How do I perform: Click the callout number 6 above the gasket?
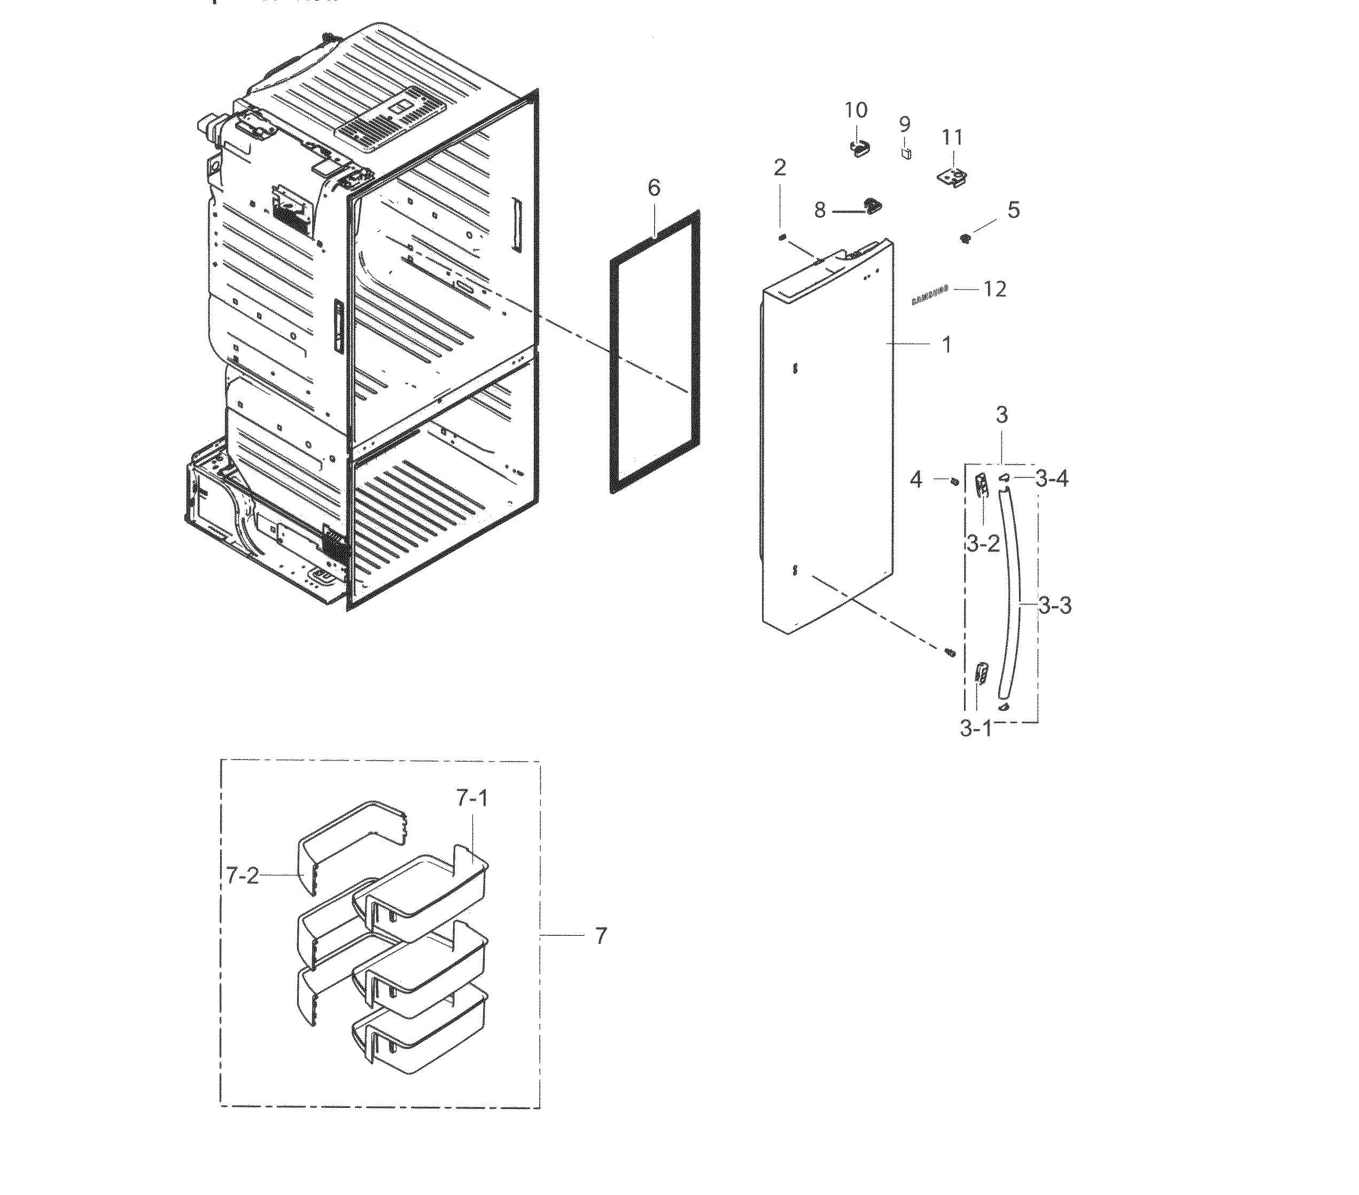(654, 188)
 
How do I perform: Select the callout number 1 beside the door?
(946, 345)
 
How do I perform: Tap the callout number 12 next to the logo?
(995, 289)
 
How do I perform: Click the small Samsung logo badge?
(929, 297)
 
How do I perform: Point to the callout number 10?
(856, 111)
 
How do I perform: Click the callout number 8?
(820, 211)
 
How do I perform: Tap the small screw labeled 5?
(965, 237)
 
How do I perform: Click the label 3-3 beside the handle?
(1055, 606)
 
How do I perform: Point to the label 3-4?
(1052, 478)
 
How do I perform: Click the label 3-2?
(983, 544)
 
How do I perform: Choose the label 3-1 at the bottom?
(975, 728)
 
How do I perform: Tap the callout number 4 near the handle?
(916, 479)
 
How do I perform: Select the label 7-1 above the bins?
(472, 798)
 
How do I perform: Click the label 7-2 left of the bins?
(242, 876)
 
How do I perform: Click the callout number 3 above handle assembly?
(1002, 416)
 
